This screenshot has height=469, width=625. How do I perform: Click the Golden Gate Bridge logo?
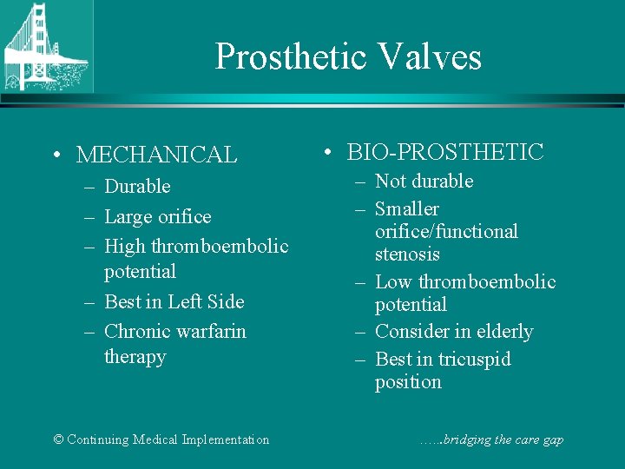(x=46, y=46)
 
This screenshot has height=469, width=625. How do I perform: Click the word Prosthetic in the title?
(x=291, y=57)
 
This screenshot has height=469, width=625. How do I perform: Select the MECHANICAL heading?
(x=156, y=155)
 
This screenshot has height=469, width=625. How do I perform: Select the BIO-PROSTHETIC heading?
(x=445, y=152)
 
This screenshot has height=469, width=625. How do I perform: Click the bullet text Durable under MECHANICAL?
(x=137, y=187)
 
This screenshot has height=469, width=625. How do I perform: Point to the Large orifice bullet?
(x=157, y=216)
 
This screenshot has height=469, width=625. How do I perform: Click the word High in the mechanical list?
(x=125, y=247)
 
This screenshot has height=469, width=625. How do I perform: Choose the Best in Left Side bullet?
(x=174, y=302)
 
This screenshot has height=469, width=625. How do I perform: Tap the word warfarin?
(x=211, y=332)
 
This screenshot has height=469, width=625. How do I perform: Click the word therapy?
(x=135, y=357)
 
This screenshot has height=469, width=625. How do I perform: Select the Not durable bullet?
(x=424, y=182)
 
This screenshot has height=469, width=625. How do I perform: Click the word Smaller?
(x=407, y=209)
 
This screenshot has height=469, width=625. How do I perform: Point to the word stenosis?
(x=407, y=254)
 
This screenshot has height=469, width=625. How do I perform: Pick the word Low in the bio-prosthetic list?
(x=394, y=282)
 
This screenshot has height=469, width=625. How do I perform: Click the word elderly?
(x=501, y=332)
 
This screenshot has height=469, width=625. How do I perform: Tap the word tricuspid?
(x=473, y=360)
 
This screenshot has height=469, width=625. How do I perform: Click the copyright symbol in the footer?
(x=58, y=439)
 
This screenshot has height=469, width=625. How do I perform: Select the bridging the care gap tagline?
(x=490, y=439)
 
